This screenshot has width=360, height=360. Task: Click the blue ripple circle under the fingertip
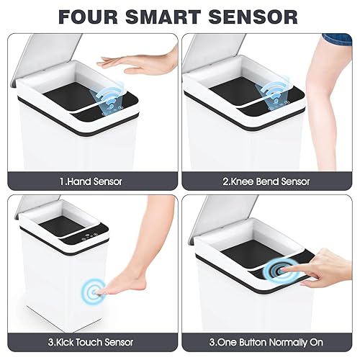pyautogui.click(x=278, y=272)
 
